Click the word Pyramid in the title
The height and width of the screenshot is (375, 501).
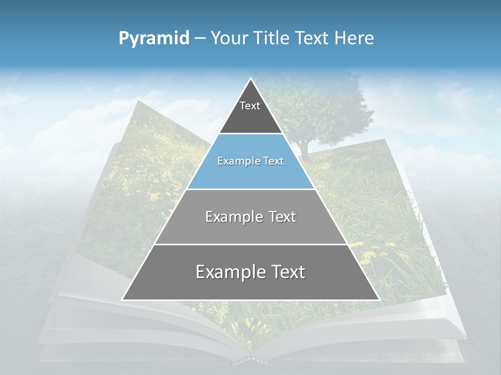pyautogui.click(x=154, y=39)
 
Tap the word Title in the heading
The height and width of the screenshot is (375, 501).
pyautogui.click(x=273, y=39)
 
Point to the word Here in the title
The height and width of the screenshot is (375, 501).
pyautogui.click(x=354, y=39)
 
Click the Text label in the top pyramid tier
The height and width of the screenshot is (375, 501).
pyautogui.click(x=250, y=106)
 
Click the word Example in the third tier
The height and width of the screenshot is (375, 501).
pyautogui.click(x=233, y=217)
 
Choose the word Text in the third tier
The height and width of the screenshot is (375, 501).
pyautogui.click(x=281, y=217)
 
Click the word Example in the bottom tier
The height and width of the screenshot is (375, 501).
pyautogui.click(x=230, y=272)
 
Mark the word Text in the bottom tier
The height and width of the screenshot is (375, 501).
pyautogui.click(x=288, y=272)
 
